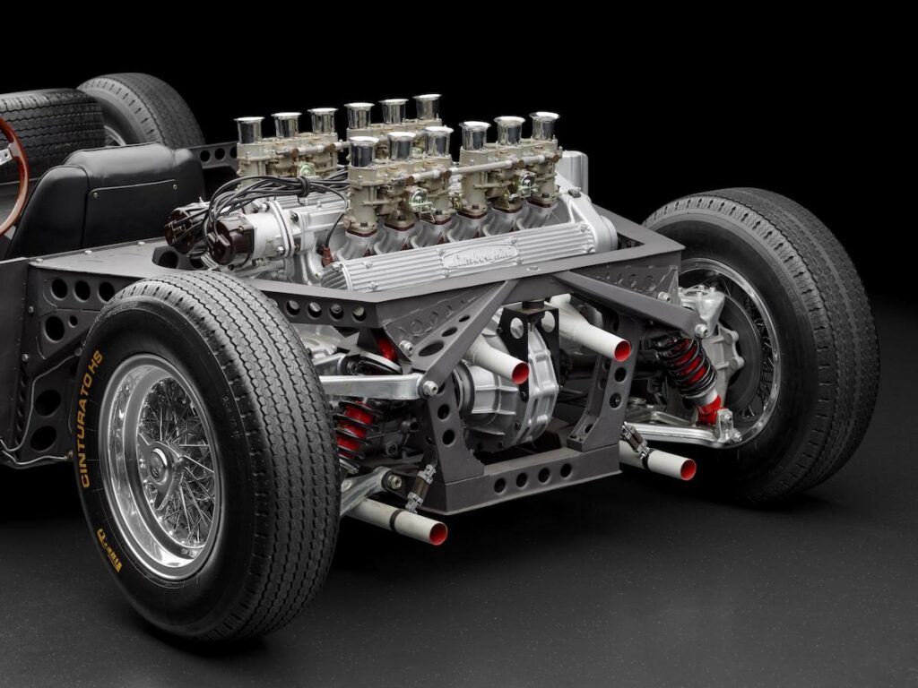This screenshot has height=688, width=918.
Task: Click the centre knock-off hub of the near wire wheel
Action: click(x=160, y=464)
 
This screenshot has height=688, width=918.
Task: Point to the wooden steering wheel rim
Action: click(x=18, y=170)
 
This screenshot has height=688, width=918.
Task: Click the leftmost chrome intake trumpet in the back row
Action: click(x=249, y=129)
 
